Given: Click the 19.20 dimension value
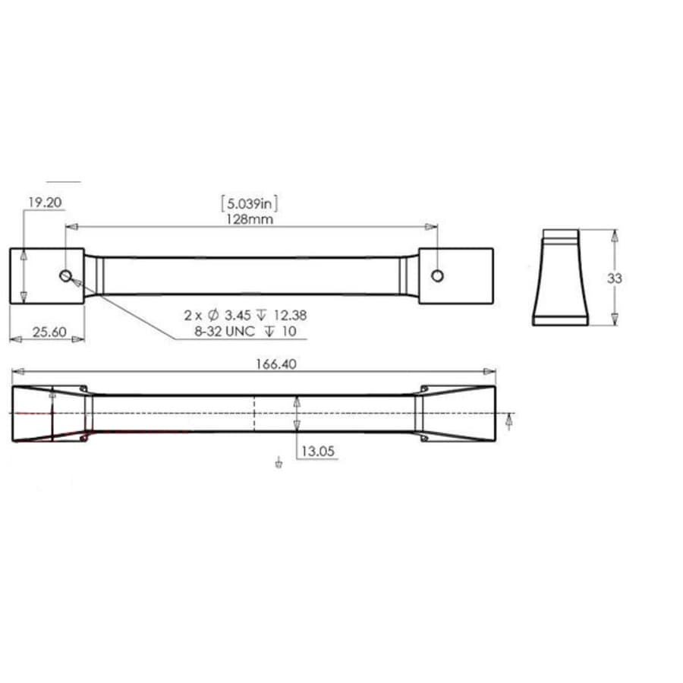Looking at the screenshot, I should click(45, 203).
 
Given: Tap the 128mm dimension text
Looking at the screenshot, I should click(250, 219).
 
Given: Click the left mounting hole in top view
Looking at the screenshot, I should click(66, 275).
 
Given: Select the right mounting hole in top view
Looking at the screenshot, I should click(437, 275).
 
